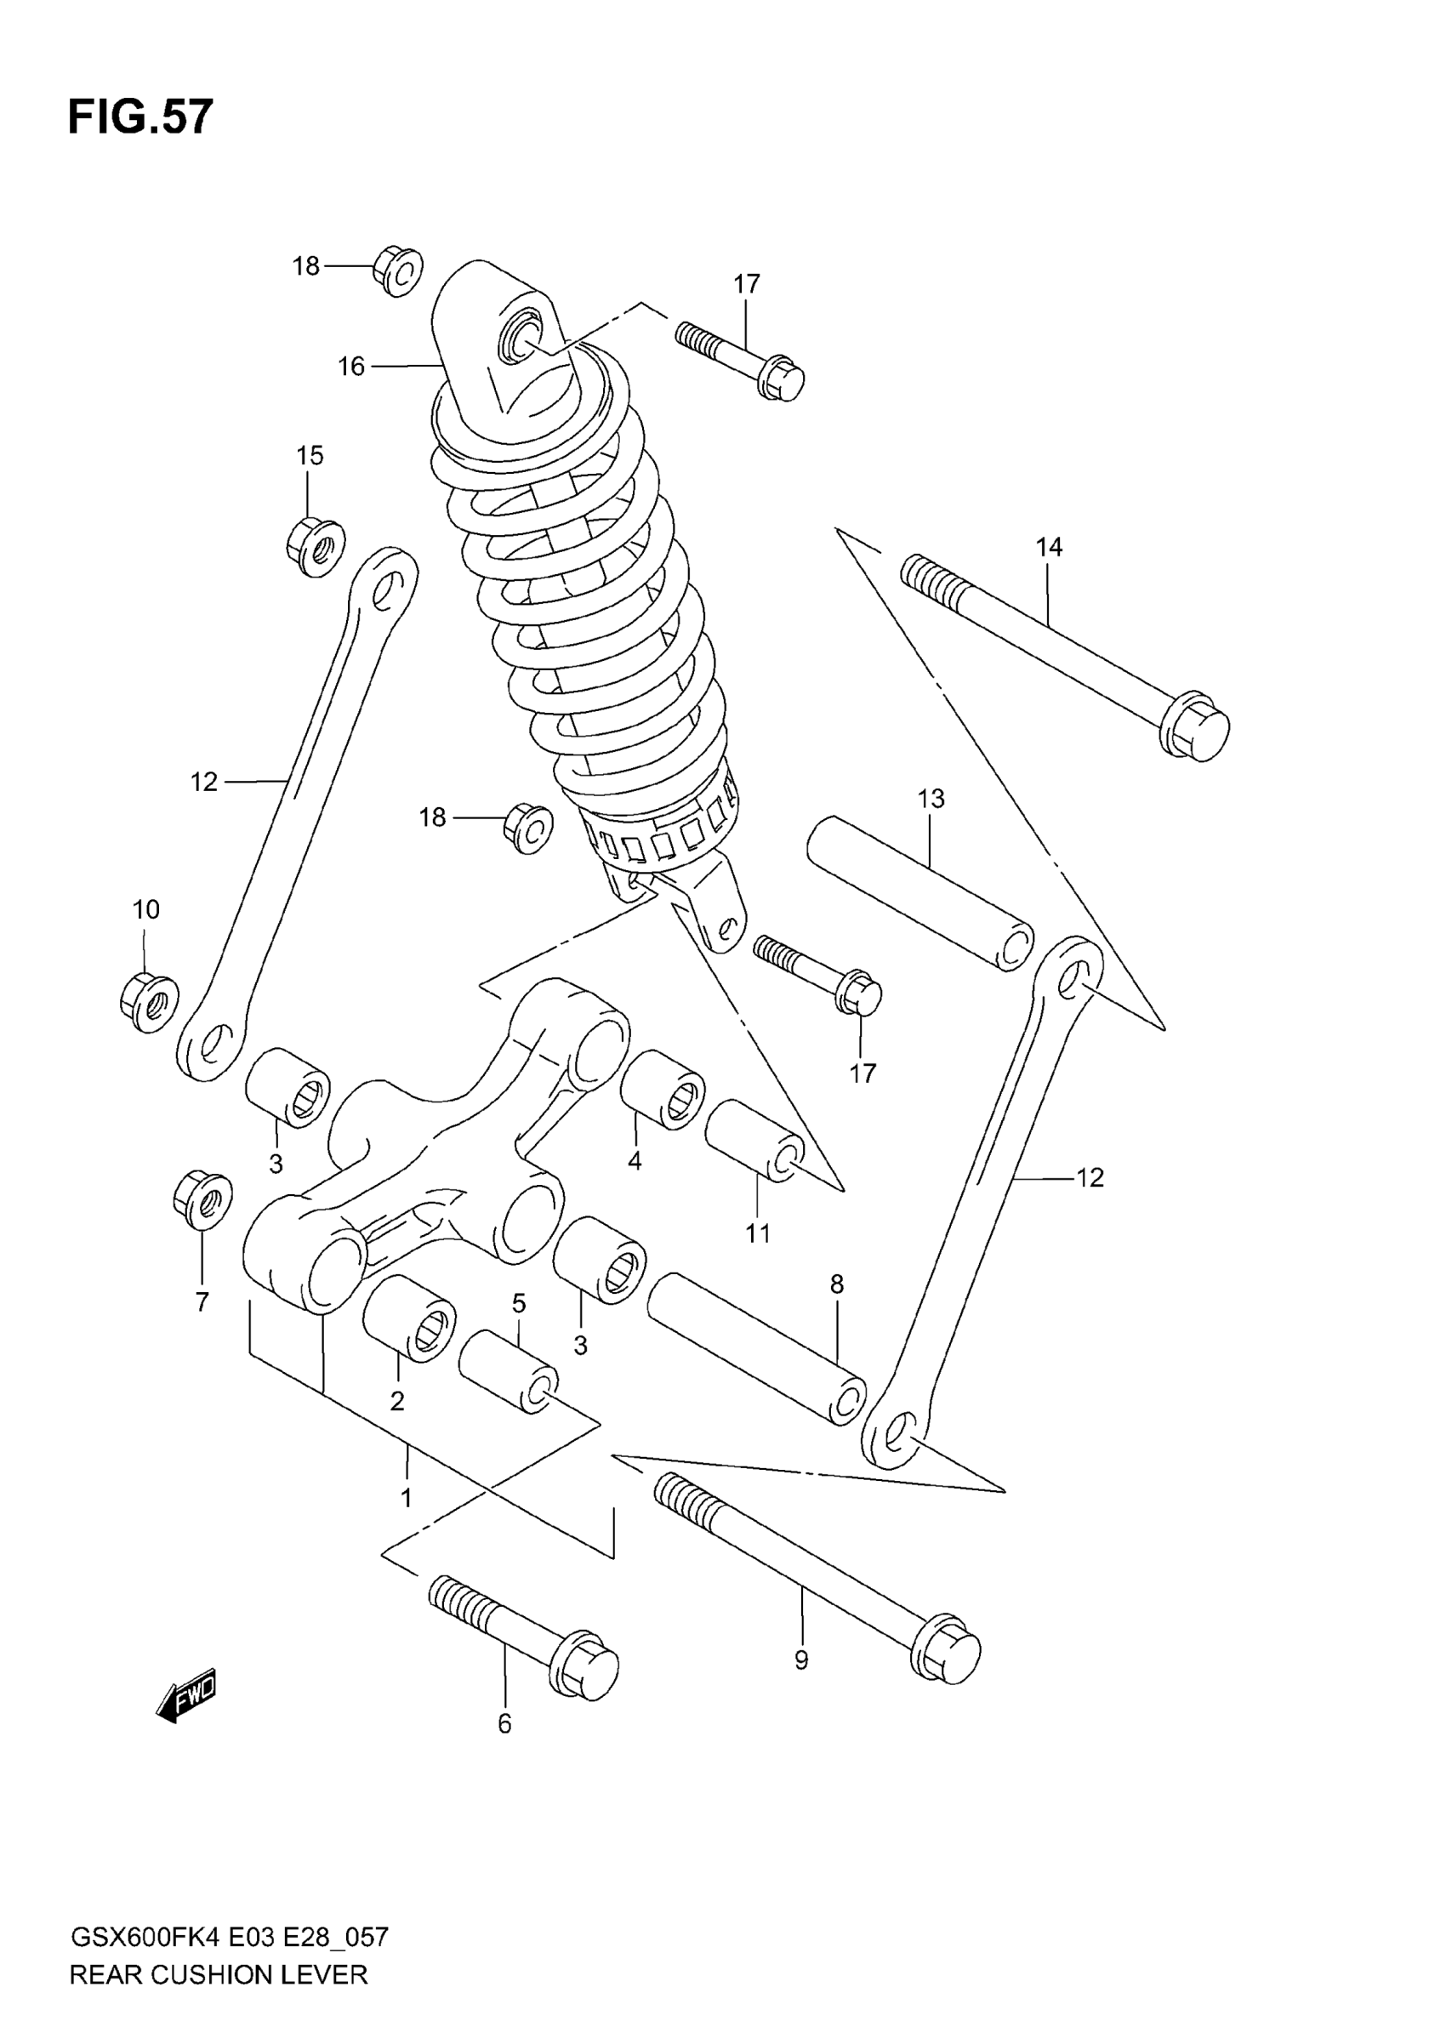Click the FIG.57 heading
140,117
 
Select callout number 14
1049,547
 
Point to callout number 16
350,366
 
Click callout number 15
309,456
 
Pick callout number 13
931,799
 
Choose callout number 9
801,1660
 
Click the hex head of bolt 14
1197,727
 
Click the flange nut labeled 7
203,1201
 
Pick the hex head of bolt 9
948,1648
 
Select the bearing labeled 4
663,1090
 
